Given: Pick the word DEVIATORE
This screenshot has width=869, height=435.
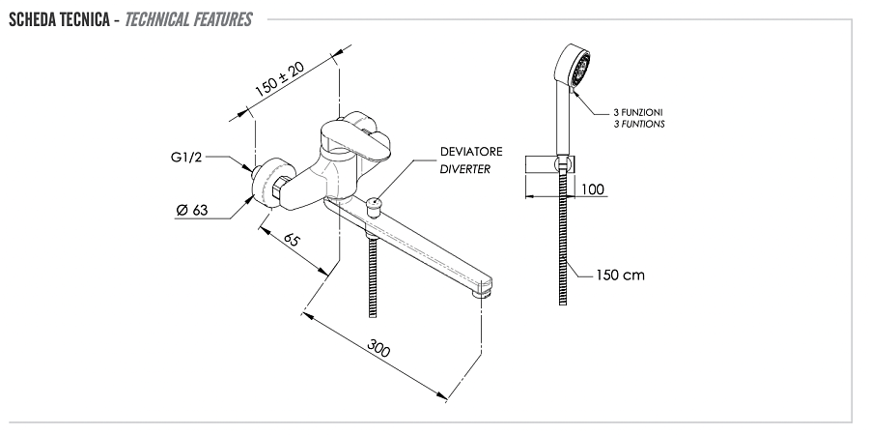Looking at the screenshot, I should pyautogui.click(x=471, y=152).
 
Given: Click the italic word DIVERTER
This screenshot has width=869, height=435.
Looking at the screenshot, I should pyautogui.click(x=465, y=169).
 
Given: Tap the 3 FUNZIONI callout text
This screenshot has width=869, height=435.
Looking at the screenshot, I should pyautogui.click(x=638, y=112).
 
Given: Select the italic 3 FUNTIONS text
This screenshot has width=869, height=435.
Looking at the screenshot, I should pyautogui.click(x=639, y=125).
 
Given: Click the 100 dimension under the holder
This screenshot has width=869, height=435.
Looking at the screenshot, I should pyautogui.click(x=594, y=188).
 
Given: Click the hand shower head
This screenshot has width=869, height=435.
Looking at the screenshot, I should pyautogui.click(x=574, y=68).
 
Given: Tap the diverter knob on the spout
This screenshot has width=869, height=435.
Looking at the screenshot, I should pyautogui.click(x=375, y=204).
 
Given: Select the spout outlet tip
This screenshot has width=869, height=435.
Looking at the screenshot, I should pyautogui.click(x=482, y=288).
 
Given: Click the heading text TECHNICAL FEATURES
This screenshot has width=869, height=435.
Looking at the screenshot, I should pyautogui.click(x=189, y=19).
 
